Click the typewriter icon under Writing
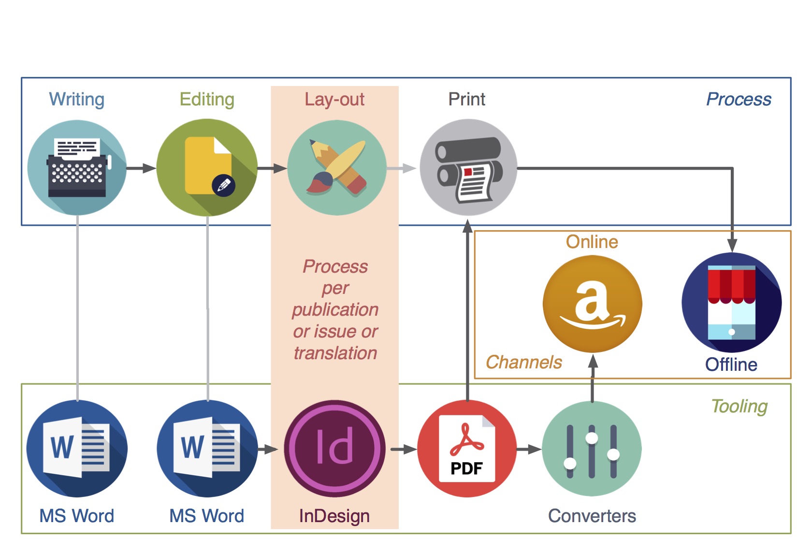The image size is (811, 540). click(77, 168)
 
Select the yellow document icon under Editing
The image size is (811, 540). click(207, 167)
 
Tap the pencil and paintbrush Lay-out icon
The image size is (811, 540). click(337, 168)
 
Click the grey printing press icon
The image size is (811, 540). click(468, 167)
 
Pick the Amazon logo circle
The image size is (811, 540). click(593, 304)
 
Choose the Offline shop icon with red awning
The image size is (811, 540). click(732, 303)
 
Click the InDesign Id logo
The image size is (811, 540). click(335, 449)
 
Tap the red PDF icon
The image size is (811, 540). click(467, 449)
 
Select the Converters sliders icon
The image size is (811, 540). click(592, 449)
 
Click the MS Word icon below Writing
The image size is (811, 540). click(77, 449)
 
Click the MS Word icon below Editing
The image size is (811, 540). click(207, 449)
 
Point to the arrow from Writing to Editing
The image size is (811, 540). click(141, 168)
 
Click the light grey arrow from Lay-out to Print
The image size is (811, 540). click(402, 168)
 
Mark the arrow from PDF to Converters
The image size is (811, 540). click(529, 449)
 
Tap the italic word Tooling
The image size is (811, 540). click(739, 407)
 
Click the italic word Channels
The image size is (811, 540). click(524, 362)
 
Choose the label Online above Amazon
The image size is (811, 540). click(592, 242)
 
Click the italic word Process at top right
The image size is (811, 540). click(739, 99)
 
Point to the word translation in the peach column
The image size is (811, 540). click(335, 353)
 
